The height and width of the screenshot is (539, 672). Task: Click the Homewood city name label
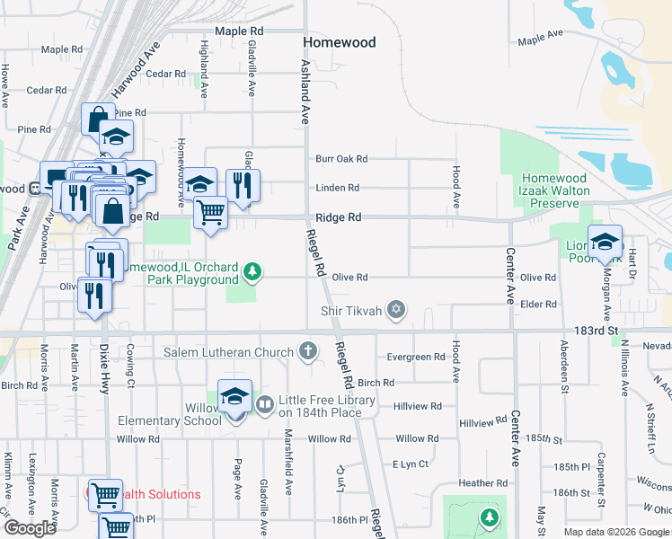pos(339,42)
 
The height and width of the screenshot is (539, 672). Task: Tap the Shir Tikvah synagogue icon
pos(396,311)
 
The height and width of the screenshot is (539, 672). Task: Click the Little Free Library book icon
pos(264,405)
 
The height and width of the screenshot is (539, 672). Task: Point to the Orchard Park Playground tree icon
pos(254,270)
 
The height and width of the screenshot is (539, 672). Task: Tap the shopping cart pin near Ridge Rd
pos(210,213)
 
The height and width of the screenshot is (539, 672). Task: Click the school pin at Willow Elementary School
pos(234,396)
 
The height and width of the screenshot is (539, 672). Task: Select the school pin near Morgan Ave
pos(606,242)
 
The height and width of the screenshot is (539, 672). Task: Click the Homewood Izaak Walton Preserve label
pos(555,190)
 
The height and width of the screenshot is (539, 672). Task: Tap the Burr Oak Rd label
pos(341,159)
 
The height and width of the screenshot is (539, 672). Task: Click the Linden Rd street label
pos(337,188)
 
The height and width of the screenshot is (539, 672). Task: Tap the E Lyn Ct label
pos(411,464)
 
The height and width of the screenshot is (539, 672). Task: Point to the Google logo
pos(30,528)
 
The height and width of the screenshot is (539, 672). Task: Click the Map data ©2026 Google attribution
pos(615,532)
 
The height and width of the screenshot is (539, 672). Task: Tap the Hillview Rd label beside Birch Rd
pos(418,406)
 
